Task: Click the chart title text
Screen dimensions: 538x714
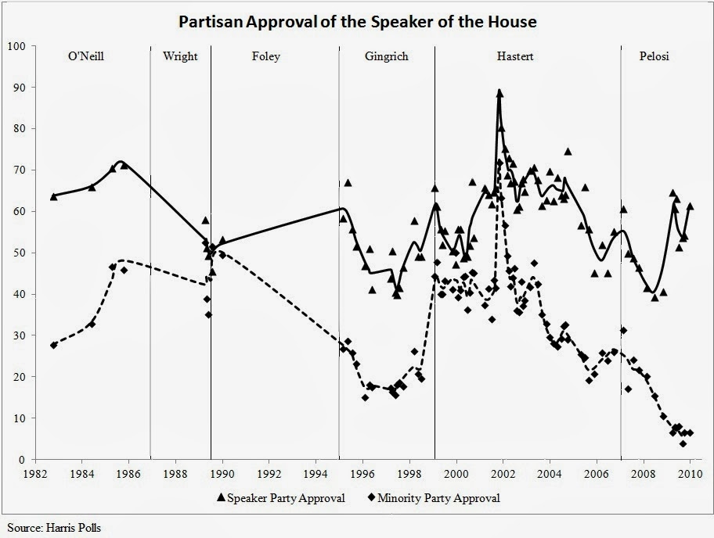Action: pyautogui.click(x=357, y=21)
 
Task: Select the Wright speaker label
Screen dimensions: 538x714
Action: pyautogui.click(x=180, y=56)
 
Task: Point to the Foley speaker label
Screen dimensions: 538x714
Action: pyautogui.click(x=265, y=56)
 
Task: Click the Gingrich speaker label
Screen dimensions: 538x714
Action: pyautogui.click(x=386, y=56)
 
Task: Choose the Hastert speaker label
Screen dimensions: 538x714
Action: pyautogui.click(x=515, y=56)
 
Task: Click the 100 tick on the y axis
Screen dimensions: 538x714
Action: pyautogui.click(x=16, y=47)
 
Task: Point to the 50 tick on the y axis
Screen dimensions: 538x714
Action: pyautogui.click(x=20, y=253)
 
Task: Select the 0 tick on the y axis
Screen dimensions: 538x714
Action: pyautogui.click(x=23, y=460)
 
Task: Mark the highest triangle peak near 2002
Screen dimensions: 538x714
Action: pyautogui.click(x=499, y=93)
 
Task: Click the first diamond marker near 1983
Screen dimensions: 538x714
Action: pyautogui.click(x=53, y=345)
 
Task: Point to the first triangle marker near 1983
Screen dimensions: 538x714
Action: pyautogui.click(x=53, y=196)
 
